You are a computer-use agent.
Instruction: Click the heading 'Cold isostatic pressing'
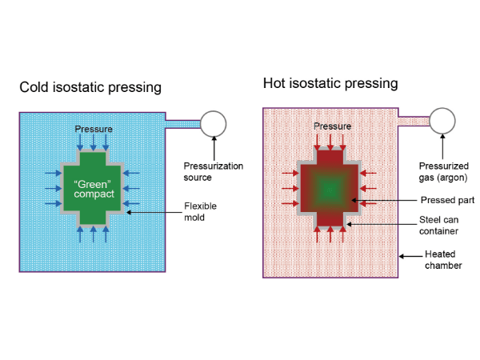(x=90, y=87)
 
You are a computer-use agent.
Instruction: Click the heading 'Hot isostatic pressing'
(x=330, y=83)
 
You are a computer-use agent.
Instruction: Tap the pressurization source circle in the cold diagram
(x=214, y=123)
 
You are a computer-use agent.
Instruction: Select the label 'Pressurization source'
(x=202, y=171)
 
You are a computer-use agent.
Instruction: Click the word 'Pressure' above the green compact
(x=94, y=129)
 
